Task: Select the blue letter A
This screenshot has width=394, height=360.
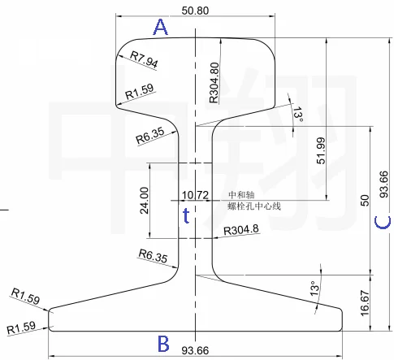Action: click(x=161, y=28)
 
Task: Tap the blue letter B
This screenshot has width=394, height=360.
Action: click(x=162, y=341)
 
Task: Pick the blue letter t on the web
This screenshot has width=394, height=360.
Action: click(x=186, y=215)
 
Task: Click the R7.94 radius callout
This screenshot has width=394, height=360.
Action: click(x=143, y=59)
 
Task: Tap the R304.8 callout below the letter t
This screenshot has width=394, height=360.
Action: click(x=241, y=230)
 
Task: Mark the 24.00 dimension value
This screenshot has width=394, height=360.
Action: click(x=144, y=201)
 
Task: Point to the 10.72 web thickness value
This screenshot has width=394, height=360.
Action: click(x=196, y=195)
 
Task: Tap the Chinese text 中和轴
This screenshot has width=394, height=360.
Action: click(x=241, y=195)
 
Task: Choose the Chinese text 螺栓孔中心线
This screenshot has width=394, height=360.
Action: click(x=253, y=206)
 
